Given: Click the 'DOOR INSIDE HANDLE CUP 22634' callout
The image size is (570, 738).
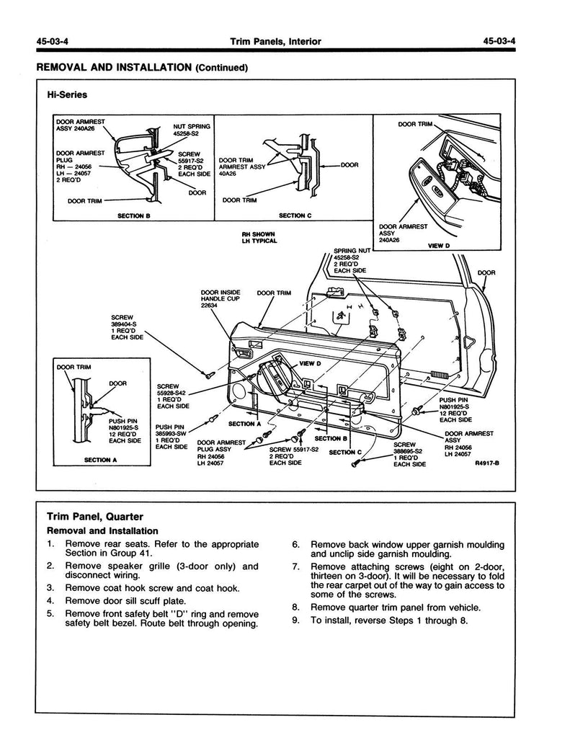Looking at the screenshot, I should click(221, 298).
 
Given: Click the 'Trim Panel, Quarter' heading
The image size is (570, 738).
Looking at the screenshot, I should click(94, 517).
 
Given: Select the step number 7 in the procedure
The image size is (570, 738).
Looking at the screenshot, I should click(295, 566).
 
